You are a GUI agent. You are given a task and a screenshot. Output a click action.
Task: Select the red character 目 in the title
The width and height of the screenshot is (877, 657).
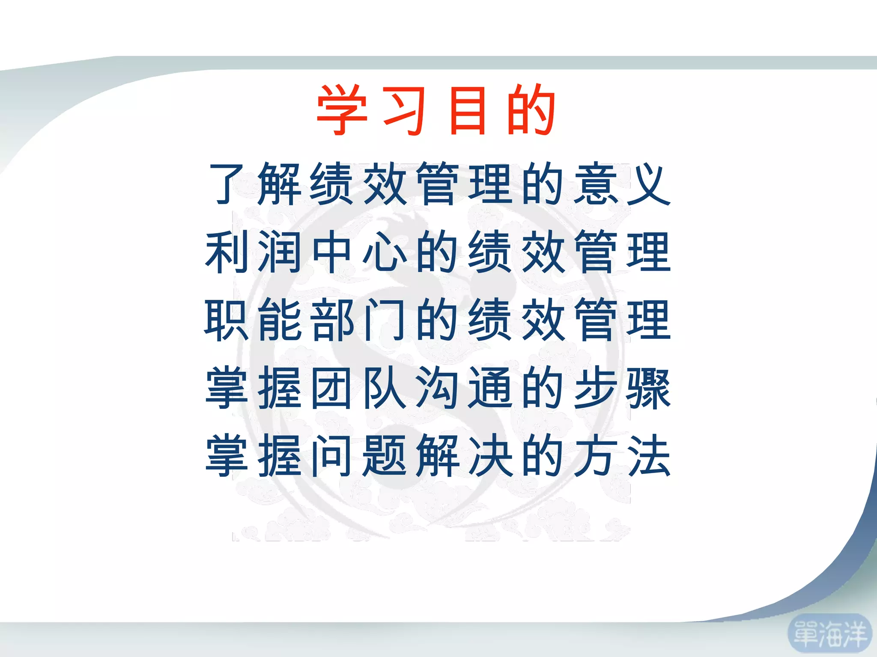(468, 110)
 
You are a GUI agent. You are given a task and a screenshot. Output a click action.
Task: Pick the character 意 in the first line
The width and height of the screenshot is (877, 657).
(596, 184)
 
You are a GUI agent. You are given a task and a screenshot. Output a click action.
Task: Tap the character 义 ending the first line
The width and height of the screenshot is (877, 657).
(649, 184)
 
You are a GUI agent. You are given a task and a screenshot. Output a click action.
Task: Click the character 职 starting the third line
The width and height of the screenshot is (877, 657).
(227, 320)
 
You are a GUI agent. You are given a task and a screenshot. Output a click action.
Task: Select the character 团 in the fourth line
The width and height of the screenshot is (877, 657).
(332, 388)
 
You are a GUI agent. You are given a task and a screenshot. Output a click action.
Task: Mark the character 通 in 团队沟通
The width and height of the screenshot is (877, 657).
(490, 388)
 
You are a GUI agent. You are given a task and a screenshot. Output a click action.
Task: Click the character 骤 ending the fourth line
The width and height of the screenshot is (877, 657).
(649, 388)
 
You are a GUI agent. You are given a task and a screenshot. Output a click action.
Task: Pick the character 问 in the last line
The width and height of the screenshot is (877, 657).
(332, 455)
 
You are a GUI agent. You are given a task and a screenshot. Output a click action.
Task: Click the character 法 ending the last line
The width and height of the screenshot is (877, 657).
(649, 455)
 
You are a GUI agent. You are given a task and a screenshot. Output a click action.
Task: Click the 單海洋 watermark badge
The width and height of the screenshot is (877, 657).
(830, 634)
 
